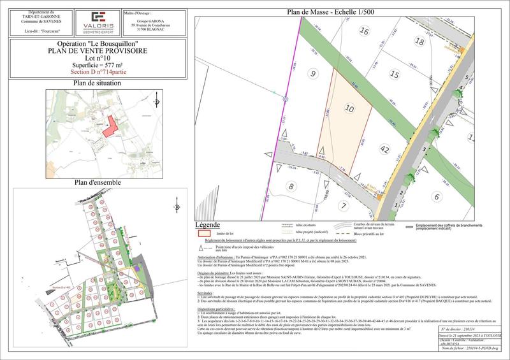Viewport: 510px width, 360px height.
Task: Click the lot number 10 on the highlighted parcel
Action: (x=349, y=109)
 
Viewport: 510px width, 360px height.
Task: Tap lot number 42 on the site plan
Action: (x=384, y=150)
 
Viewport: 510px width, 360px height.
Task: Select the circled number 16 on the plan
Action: (x=365, y=31)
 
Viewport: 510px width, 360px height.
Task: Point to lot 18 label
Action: (x=419, y=41)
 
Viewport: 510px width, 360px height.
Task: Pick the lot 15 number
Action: (x=395, y=75)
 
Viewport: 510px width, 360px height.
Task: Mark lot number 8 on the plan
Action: (x=292, y=186)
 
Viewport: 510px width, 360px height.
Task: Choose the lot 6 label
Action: (x=437, y=197)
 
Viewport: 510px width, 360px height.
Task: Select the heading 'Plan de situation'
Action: (x=98, y=83)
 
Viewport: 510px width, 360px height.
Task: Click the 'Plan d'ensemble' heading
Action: (x=98, y=182)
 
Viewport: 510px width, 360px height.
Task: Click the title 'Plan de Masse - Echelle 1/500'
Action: (x=331, y=11)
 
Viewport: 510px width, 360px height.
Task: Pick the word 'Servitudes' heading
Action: (x=207, y=292)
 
